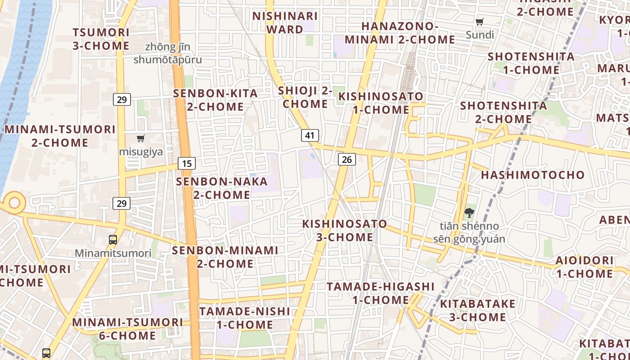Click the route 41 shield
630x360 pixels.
tap(310, 135)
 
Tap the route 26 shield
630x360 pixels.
tap(346, 159)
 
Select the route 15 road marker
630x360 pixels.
tap(187, 163)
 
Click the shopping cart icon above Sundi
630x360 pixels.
tap(480, 22)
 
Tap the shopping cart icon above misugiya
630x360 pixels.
tap(141, 138)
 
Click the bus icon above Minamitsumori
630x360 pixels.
tap(113, 239)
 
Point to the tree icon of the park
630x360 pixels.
tap(469, 213)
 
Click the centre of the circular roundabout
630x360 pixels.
tap(14, 202)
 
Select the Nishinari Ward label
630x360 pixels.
tap(285, 22)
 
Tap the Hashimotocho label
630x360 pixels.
tap(533, 175)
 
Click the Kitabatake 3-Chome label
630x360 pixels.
tap(477, 310)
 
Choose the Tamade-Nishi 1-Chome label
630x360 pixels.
tap(245, 318)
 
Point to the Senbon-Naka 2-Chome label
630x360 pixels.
tap(222, 188)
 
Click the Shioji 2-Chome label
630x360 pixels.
tap(305, 97)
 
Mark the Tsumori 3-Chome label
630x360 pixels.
tap(101, 39)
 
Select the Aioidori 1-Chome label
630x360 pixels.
tap(585, 267)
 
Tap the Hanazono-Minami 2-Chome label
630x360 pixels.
tap(399, 33)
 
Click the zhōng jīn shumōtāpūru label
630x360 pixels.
tap(167, 53)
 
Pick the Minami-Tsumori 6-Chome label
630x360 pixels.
tap(127, 329)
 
